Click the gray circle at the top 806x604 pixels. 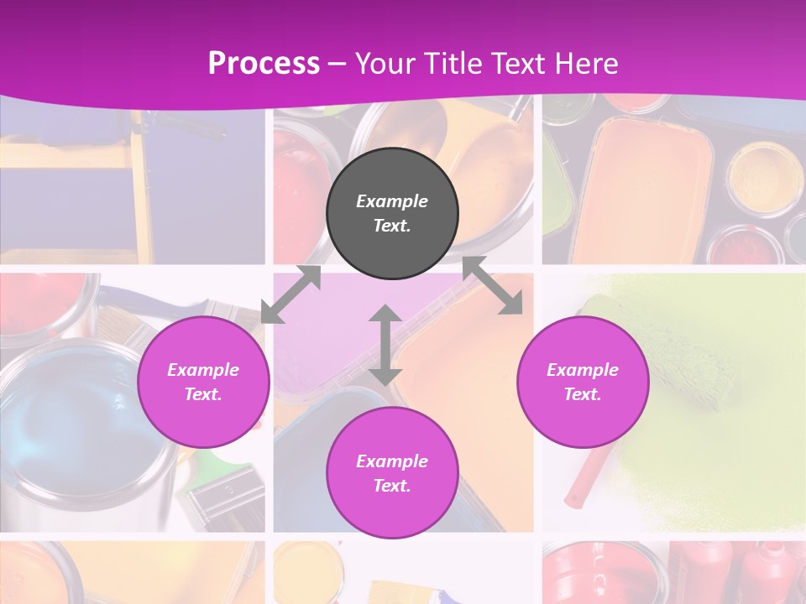click(x=392, y=213)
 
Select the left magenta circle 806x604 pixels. click(x=203, y=382)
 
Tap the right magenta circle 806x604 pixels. click(x=583, y=382)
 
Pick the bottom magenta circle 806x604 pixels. click(x=392, y=473)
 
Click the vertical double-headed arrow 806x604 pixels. click(x=385, y=345)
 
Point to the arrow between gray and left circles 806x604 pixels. click(x=291, y=294)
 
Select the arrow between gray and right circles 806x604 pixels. click(x=493, y=286)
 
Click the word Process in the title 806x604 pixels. click(x=264, y=63)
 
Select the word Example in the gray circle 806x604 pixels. click(x=392, y=201)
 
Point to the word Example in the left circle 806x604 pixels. click(x=203, y=370)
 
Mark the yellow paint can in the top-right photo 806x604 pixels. click(x=753, y=172)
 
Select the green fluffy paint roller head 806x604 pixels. click(x=672, y=352)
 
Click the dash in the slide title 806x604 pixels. click(x=338, y=64)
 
